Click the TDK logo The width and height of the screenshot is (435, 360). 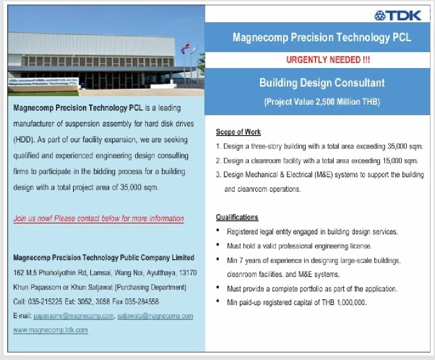(x=397, y=15)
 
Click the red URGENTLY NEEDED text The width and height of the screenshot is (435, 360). (x=328, y=60)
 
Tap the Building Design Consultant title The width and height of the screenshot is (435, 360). (x=322, y=83)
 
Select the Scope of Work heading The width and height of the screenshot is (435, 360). (x=238, y=132)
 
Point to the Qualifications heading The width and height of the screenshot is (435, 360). (x=237, y=217)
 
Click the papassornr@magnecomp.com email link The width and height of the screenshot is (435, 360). (x=73, y=316)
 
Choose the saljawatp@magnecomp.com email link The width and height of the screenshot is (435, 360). (x=155, y=316)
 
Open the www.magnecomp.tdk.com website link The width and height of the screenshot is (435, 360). (x=50, y=330)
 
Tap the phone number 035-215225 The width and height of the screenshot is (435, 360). (x=45, y=302)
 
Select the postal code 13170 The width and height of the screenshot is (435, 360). (x=188, y=272)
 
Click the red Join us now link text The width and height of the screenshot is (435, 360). (x=98, y=219)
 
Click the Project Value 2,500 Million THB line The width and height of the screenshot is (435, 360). (x=322, y=102)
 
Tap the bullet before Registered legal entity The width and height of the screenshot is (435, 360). (x=218, y=230)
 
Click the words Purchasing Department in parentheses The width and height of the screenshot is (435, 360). (x=150, y=287)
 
